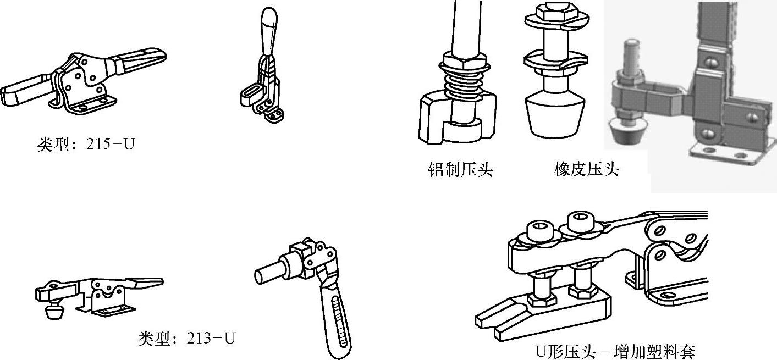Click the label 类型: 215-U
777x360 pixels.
pos(86,145)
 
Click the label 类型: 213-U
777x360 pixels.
pos(186,338)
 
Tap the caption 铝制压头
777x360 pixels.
pos(460,169)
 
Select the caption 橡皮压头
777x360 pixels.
pos(586,169)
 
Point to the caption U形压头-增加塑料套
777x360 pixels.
pos(615,351)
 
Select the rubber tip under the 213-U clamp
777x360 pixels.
pos(53,313)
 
